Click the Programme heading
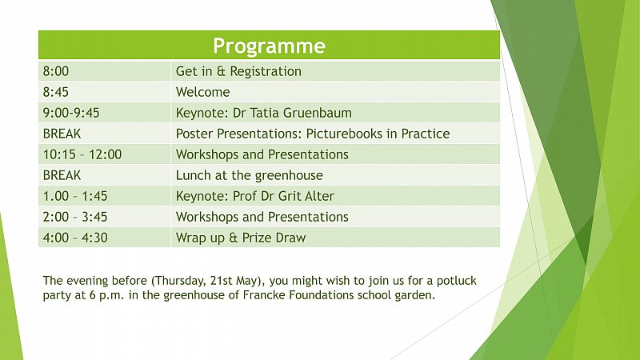(x=269, y=46)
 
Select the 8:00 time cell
(x=56, y=71)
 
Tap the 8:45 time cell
(x=56, y=92)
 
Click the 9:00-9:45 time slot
(x=71, y=113)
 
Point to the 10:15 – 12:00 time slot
(x=82, y=154)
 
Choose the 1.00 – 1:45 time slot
(x=75, y=196)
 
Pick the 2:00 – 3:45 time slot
(x=75, y=217)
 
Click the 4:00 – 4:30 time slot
(x=75, y=238)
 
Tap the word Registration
(x=266, y=72)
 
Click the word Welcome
(x=203, y=92)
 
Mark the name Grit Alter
(x=304, y=196)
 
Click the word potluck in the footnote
(x=456, y=282)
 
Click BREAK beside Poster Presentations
(x=62, y=134)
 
